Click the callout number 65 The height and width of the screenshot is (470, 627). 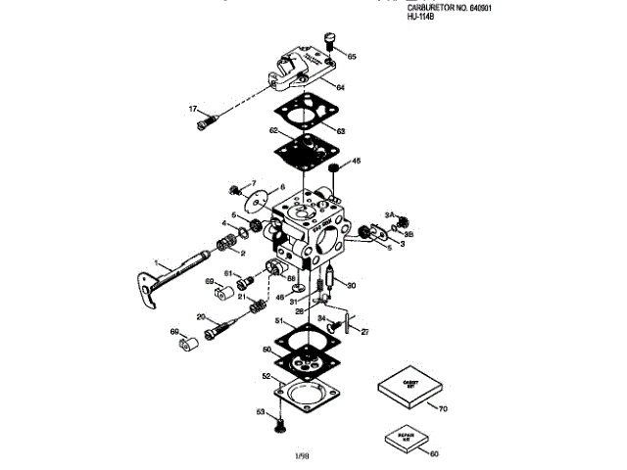pyautogui.click(x=352, y=57)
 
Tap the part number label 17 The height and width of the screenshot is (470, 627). pyautogui.click(x=193, y=109)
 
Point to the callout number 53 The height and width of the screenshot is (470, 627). pyautogui.click(x=262, y=412)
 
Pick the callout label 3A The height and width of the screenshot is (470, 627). pyautogui.click(x=389, y=213)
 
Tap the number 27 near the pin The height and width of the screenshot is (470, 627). pyautogui.click(x=365, y=333)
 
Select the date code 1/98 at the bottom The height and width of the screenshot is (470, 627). pyautogui.click(x=303, y=455)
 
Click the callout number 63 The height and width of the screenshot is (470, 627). pyautogui.click(x=341, y=131)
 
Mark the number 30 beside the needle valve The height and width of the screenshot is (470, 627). pyautogui.click(x=352, y=286)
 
